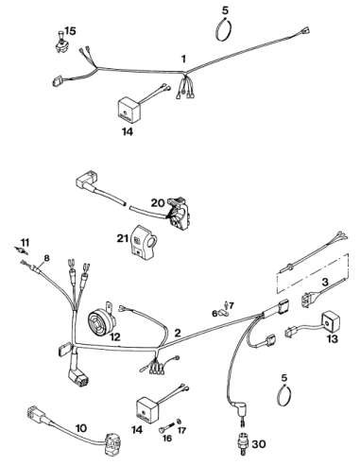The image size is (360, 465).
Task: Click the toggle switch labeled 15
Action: [x=60, y=43]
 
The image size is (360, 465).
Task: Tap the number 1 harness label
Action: [x=183, y=59]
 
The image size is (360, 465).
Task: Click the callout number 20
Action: [x=158, y=203]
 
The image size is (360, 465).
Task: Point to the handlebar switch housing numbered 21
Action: [x=142, y=243]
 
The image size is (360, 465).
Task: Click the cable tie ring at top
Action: [x=224, y=30]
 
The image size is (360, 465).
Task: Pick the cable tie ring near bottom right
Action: [x=283, y=394]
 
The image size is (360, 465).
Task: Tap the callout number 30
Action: [x=259, y=444]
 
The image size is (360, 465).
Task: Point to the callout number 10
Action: [x=81, y=428]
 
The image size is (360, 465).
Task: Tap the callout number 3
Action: [x=325, y=282]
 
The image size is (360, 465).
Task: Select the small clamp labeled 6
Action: [x=224, y=313]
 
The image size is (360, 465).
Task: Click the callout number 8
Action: [x=46, y=258]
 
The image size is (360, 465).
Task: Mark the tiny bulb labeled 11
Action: [x=23, y=250]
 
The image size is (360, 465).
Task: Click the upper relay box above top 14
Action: [x=129, y=109]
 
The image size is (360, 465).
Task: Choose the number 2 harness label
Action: [x=178, y=333]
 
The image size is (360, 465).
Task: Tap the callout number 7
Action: [x=231, y=305]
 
